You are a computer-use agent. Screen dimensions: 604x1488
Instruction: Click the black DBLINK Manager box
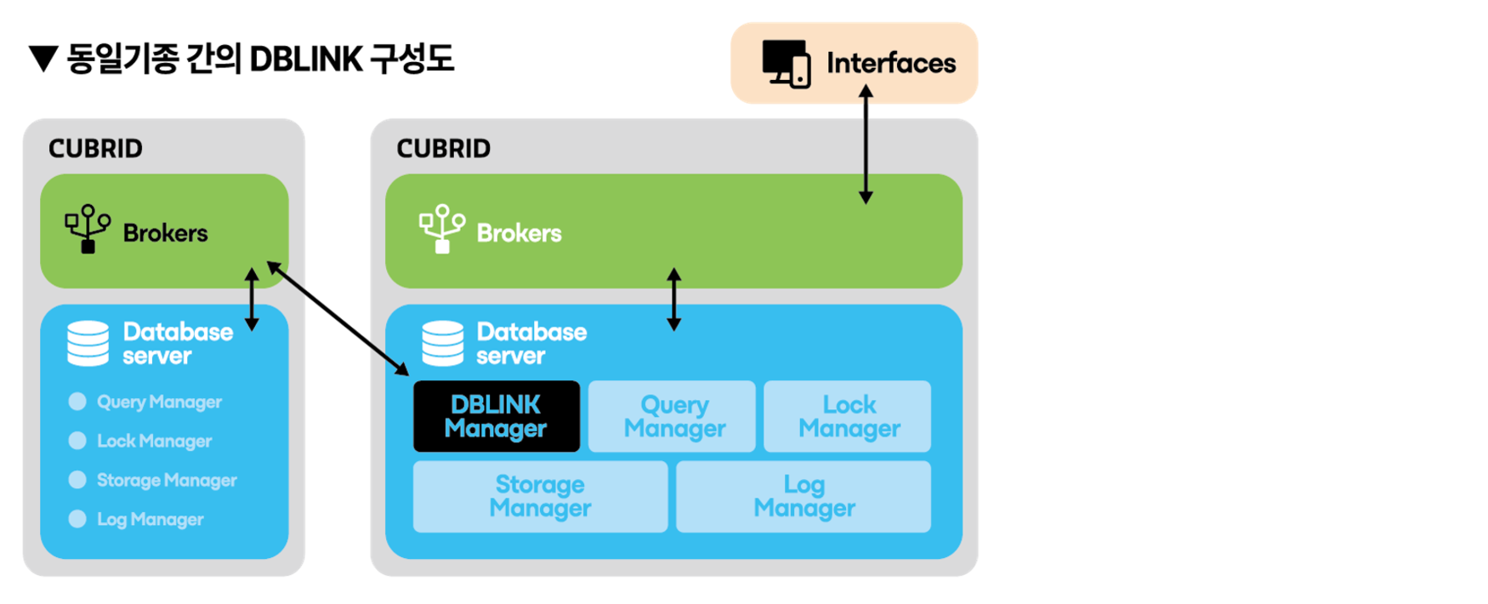click(496, 416)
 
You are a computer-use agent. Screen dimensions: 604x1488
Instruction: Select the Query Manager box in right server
click(672, 416)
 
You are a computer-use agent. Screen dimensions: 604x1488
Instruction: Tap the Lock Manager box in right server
click(847, 416)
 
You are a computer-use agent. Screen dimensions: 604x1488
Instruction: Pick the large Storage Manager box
click(540, 496)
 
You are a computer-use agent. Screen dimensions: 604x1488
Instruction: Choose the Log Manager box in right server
click(803, 496)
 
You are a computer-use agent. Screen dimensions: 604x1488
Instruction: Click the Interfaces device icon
click(786, 64)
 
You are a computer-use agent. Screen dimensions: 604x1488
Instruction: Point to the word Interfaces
click(891, 63)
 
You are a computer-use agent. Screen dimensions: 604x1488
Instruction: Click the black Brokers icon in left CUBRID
click(88, 228)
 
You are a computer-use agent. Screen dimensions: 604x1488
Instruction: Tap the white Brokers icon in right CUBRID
click(441, 228)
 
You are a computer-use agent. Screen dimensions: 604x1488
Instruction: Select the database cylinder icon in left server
click(88, 343)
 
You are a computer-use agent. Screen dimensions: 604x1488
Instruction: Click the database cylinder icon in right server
click(442, 343)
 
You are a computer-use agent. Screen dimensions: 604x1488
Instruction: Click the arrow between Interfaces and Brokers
click(866, 145)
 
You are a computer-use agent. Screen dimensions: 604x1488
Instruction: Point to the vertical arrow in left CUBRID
click(252, 299)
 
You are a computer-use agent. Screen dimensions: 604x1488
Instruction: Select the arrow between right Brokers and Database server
click(673, 299)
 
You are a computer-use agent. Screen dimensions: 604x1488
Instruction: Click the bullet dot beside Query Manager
click(77, 402)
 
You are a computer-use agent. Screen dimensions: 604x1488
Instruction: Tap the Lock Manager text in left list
click(154, 441)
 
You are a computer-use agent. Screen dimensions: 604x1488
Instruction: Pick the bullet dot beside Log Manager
click(77, 519)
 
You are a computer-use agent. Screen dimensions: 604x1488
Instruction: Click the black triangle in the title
click(43, 60)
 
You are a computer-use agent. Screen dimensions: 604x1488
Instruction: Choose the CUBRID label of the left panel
click(95, 149)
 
